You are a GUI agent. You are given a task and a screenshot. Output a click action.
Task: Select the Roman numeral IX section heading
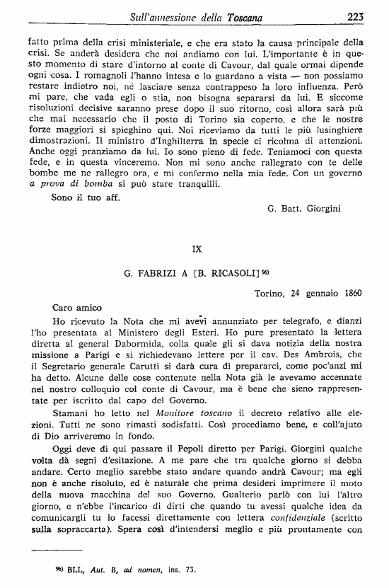198,248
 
